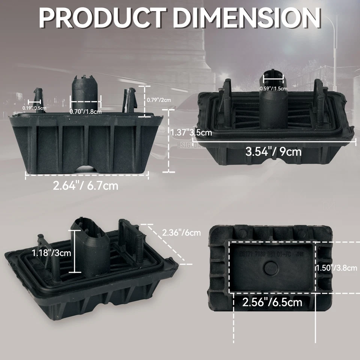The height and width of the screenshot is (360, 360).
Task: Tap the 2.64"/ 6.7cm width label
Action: (85, 186)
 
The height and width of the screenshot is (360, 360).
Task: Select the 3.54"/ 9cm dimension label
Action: (273, 151)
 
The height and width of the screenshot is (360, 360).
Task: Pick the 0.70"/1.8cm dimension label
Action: (85, 111)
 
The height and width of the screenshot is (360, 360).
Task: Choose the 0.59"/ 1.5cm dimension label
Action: (273, 88)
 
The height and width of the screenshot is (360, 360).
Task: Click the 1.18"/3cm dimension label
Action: (51, 252)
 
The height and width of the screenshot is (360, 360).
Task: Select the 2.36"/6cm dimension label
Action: (181, 232)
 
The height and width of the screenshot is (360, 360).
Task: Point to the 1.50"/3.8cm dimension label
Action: (336, 268)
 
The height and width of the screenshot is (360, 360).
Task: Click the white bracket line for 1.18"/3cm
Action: (76, 251)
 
